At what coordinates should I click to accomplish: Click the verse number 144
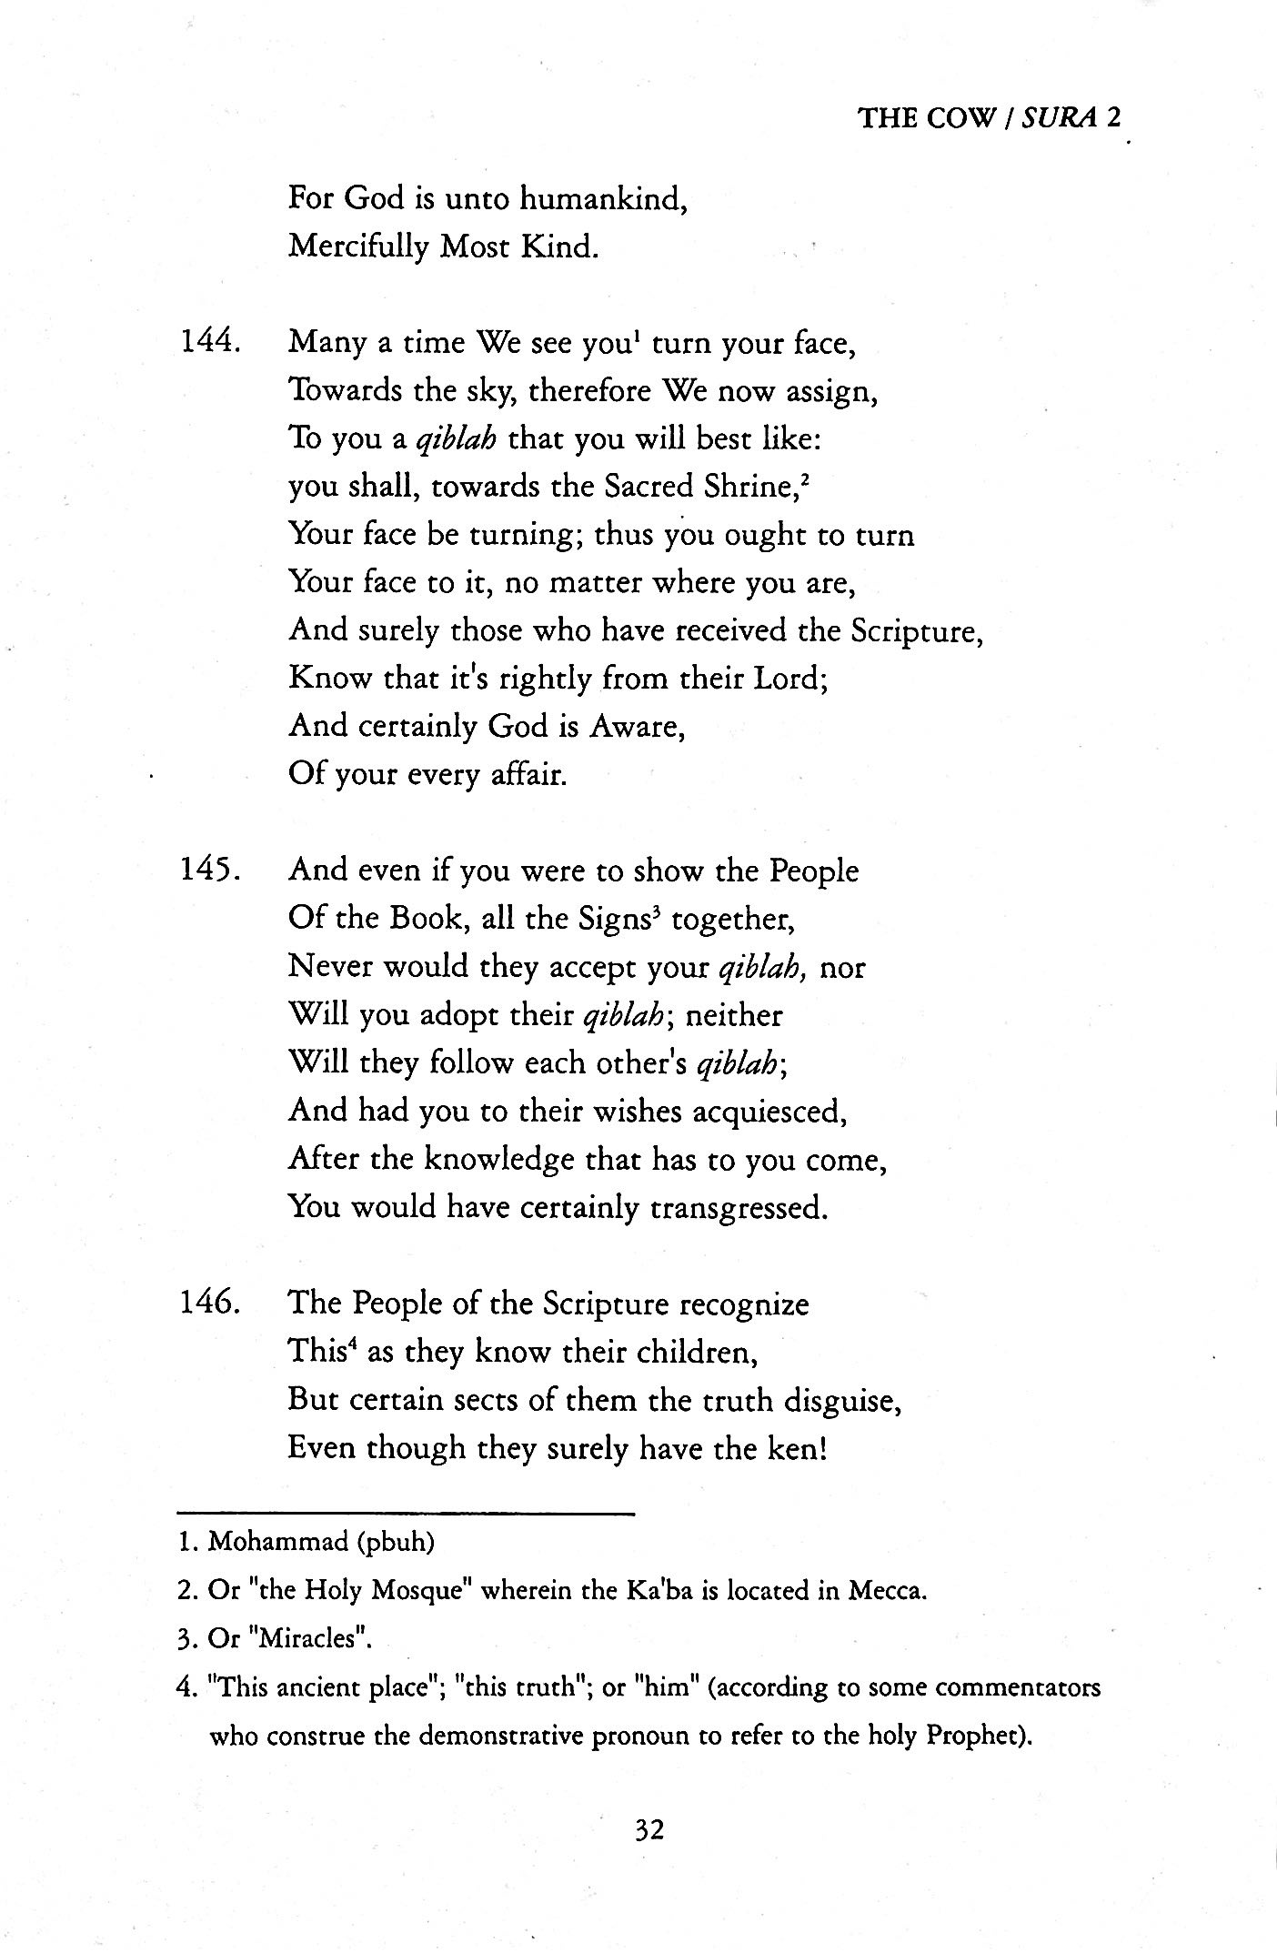[x=209, y=342]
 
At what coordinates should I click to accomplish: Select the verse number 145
[x=209, y=871]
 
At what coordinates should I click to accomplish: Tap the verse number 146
[x=209, y=1304]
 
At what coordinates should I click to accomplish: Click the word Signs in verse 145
[x=616, y=919]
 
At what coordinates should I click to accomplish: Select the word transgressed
[x=738, y=1208]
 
